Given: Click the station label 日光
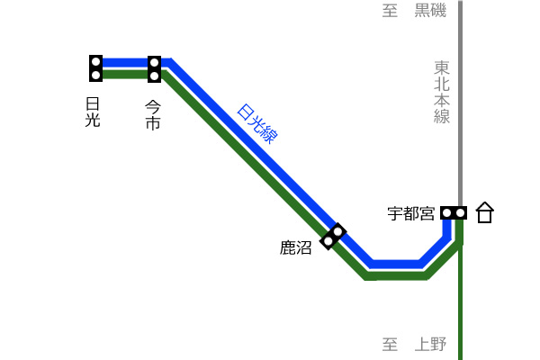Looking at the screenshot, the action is click(x=93, y=112).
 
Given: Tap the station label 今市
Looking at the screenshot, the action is click(x=153, y=115).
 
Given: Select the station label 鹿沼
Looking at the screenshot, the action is click(x=296, y=247).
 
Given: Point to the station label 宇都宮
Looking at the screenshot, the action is click(x=411, y=213).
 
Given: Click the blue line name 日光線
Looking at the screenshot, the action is click(x=257, y=123).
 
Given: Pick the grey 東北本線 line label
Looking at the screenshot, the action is click(x=442, y=93).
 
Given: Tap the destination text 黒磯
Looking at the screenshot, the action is click(x=430, y=10).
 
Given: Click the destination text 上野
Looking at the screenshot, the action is click(x=430, y=344).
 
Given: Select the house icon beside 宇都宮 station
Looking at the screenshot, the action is click(x=485, y=212).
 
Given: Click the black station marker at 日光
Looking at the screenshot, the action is click(x=95, y=68).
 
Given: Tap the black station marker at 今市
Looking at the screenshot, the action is click(x=154, y=69).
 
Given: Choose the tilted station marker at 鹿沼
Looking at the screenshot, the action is click(x=333, y=237).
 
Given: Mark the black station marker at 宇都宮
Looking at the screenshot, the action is click(x=454, y=213).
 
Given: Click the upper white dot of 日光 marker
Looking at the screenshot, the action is click(x=95, y=62).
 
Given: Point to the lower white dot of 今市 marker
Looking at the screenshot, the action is click(x=154, y=75).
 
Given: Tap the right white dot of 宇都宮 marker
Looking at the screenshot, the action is click(x=460, y=213).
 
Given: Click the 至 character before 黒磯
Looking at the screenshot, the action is click(x=390, y=10).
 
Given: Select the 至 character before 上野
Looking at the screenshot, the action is click(x=390, y=344).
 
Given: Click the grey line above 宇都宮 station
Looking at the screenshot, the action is click(x=460, y=103).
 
